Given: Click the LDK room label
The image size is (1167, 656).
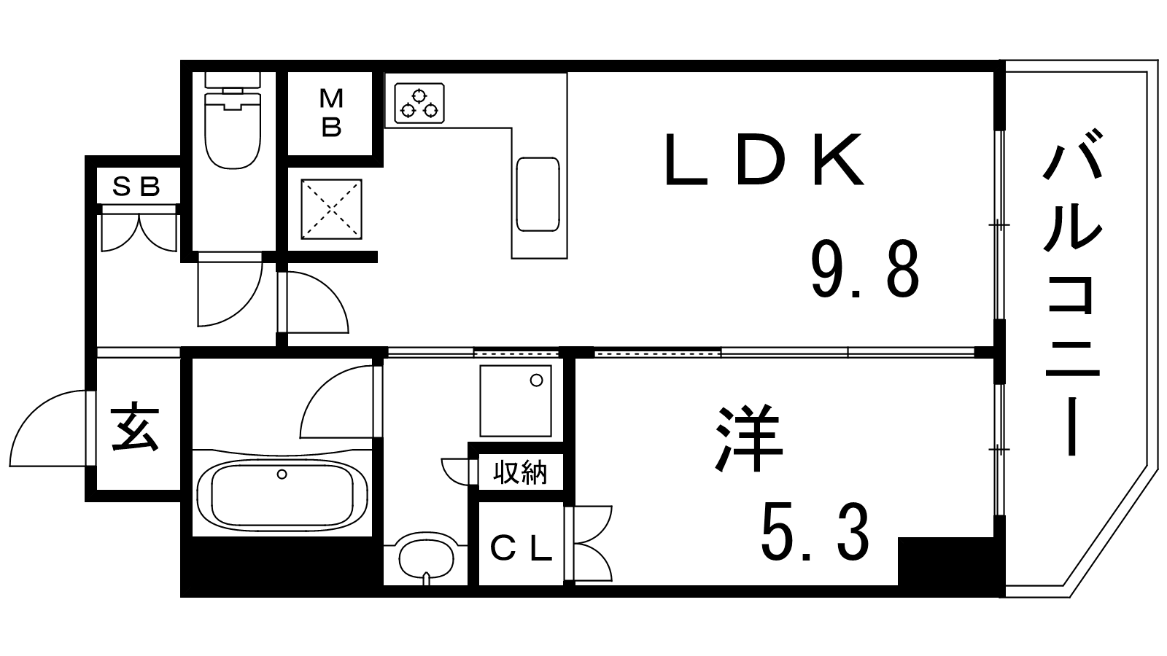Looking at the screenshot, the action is point(764,160).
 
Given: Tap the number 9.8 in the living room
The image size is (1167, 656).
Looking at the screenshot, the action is point(865,270).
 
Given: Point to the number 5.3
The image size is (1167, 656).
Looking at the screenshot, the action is point(815,532).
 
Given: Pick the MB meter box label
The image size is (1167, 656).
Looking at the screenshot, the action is point(331,112).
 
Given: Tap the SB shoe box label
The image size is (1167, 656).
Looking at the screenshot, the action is point(136,187).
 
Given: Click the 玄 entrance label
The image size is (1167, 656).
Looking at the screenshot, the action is point(134,426).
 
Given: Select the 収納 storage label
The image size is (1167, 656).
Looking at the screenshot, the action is point(520,473).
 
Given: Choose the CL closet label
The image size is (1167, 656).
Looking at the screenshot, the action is point(521,549).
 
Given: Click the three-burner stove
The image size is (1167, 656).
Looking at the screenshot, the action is point(419,103).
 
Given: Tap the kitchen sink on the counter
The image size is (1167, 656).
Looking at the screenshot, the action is point(538,194).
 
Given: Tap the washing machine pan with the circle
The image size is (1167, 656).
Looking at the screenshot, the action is point(515,401).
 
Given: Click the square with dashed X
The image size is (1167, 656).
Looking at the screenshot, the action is point(331,209).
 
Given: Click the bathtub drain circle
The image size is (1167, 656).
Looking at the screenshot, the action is point(282,475).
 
